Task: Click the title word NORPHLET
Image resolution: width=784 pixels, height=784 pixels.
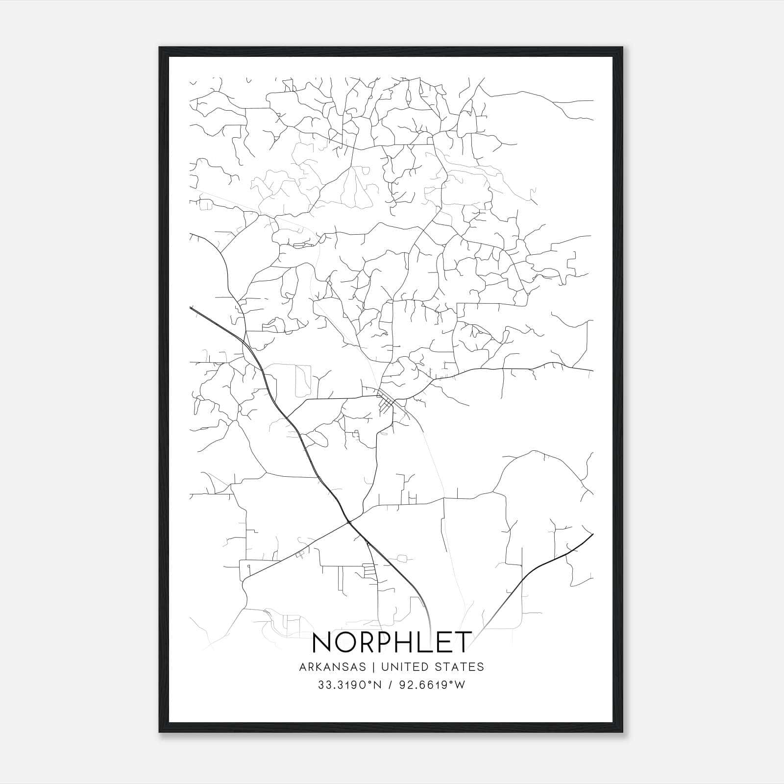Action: (392, 642)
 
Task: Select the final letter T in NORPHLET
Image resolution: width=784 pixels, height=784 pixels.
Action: (463, 642)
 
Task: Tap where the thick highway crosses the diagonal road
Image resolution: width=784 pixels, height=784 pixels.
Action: (349, 522)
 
